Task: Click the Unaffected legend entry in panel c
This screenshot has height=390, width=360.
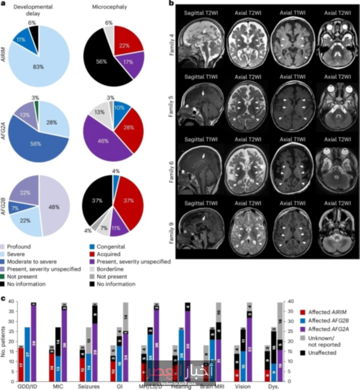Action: [318, 353]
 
